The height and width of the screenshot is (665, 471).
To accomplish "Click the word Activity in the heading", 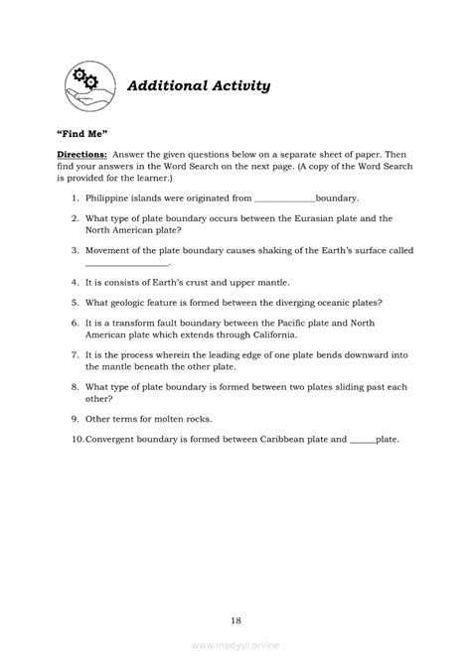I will tap(235, 86).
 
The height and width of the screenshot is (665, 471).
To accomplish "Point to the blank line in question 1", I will tap(284, 199).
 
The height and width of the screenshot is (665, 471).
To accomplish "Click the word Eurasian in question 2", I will tap(310, 218).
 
